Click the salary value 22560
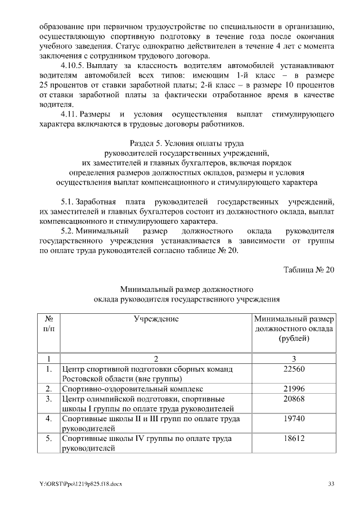(294, 369)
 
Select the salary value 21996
(294, 389)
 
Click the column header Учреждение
(156, 318)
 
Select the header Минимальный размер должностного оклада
(294, 328)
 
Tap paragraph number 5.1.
(67, 202)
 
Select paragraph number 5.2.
(67, 231)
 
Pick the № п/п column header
(48, 323)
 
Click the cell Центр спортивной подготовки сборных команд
(147, 369)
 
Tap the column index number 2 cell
(156, 359)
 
